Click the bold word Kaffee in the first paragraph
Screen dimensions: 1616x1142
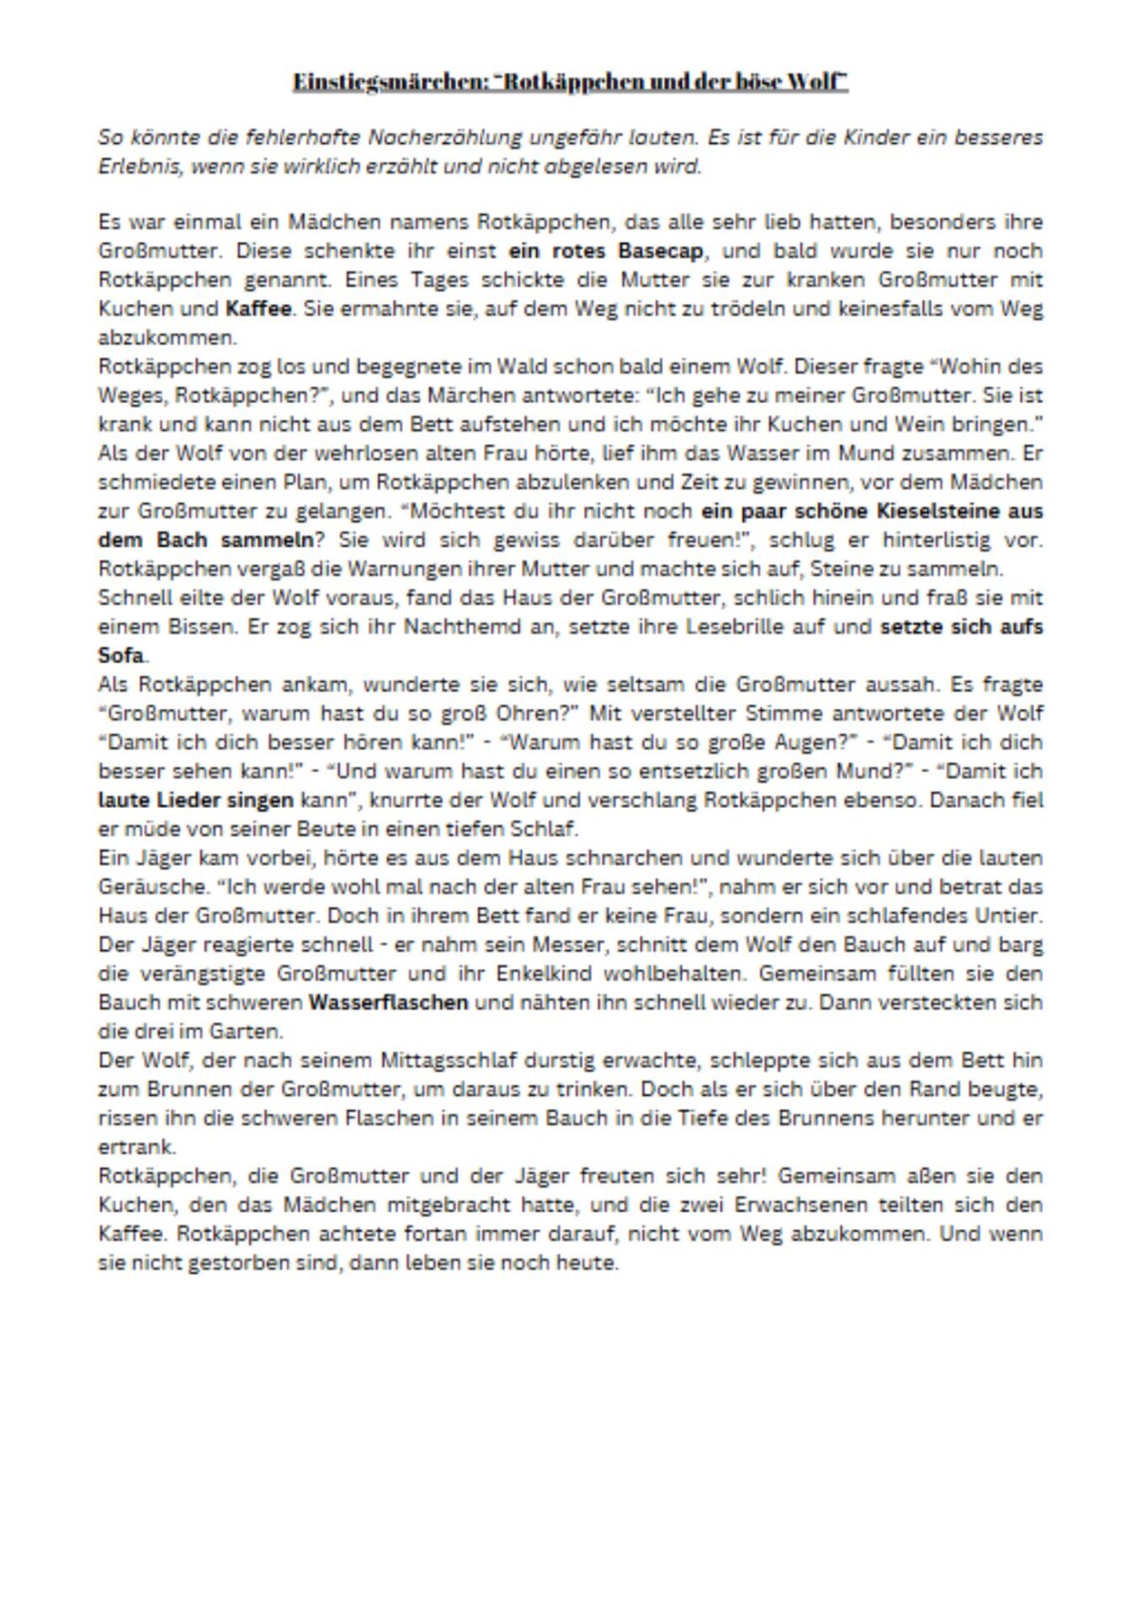pyautogui.click(x=258, y=308)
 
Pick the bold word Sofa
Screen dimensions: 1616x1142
pyautogui.click(x=121, y=655)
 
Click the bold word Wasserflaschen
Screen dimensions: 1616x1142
pyautogui.click(x=388, y=1002)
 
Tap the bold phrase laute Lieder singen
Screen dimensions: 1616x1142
pyautogui.click(x=196, y=800)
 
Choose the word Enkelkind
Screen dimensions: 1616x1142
pyautogui.click(x=548, y=974)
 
